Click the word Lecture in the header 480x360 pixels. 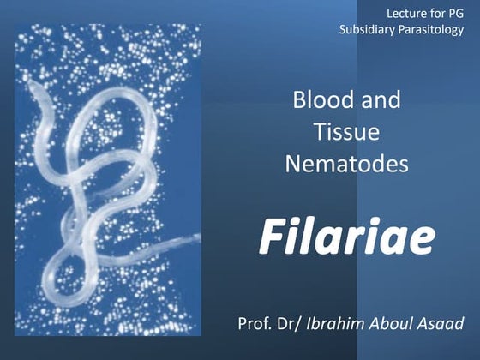[x=405, y=12]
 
